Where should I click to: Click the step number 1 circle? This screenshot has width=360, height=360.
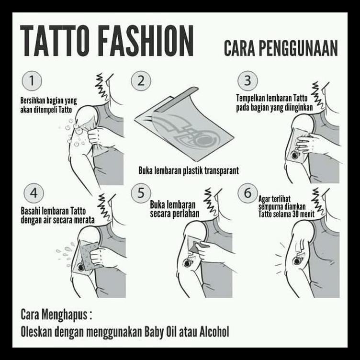click(x=32, y=81)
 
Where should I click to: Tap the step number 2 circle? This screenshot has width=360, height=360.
click(x=140, y=81)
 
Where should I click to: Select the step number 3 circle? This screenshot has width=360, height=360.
click(x=247, y=81)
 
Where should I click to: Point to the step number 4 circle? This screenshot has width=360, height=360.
click(x=34, y=194)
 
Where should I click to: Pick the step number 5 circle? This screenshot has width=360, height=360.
click(x=141, y=193)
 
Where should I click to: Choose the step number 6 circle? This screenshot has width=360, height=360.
click(x=247, y=194)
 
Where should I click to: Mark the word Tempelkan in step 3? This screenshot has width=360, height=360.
click(x=252, y=99)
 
